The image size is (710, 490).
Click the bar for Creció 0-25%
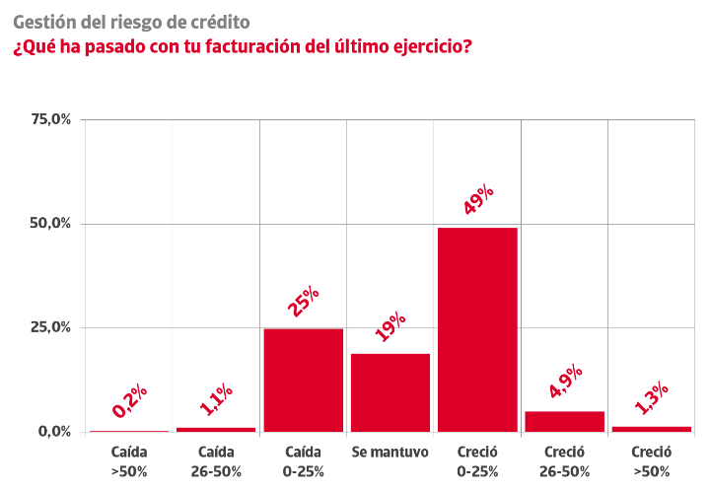(x=477, y=329)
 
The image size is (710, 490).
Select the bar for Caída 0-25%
(x=304, y=381)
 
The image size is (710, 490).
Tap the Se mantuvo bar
(x=390, y=392)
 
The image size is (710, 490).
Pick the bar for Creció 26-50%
(x=565, y=422)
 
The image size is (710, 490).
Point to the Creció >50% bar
(x=652, y=429)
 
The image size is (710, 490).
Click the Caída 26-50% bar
(x=216, y=429)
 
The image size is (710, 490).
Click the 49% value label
(x=478, y=199)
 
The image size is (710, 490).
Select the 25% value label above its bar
(x=303, y=301)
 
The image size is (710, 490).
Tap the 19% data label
(x=390, y=326)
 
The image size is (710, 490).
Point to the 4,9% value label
(x=566, y=381)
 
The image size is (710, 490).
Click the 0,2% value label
(x=129, y=401)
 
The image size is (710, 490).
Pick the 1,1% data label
(x=216, y=399)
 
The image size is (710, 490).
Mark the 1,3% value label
(x=651, y=398)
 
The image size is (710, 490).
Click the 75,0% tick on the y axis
(x=51, y=119)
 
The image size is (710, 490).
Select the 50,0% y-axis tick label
(x=50, y=223)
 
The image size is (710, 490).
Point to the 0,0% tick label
(x=55, y=432)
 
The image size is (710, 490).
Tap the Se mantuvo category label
(x=390, y=452)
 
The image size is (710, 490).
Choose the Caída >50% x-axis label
(x=129, y=461)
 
